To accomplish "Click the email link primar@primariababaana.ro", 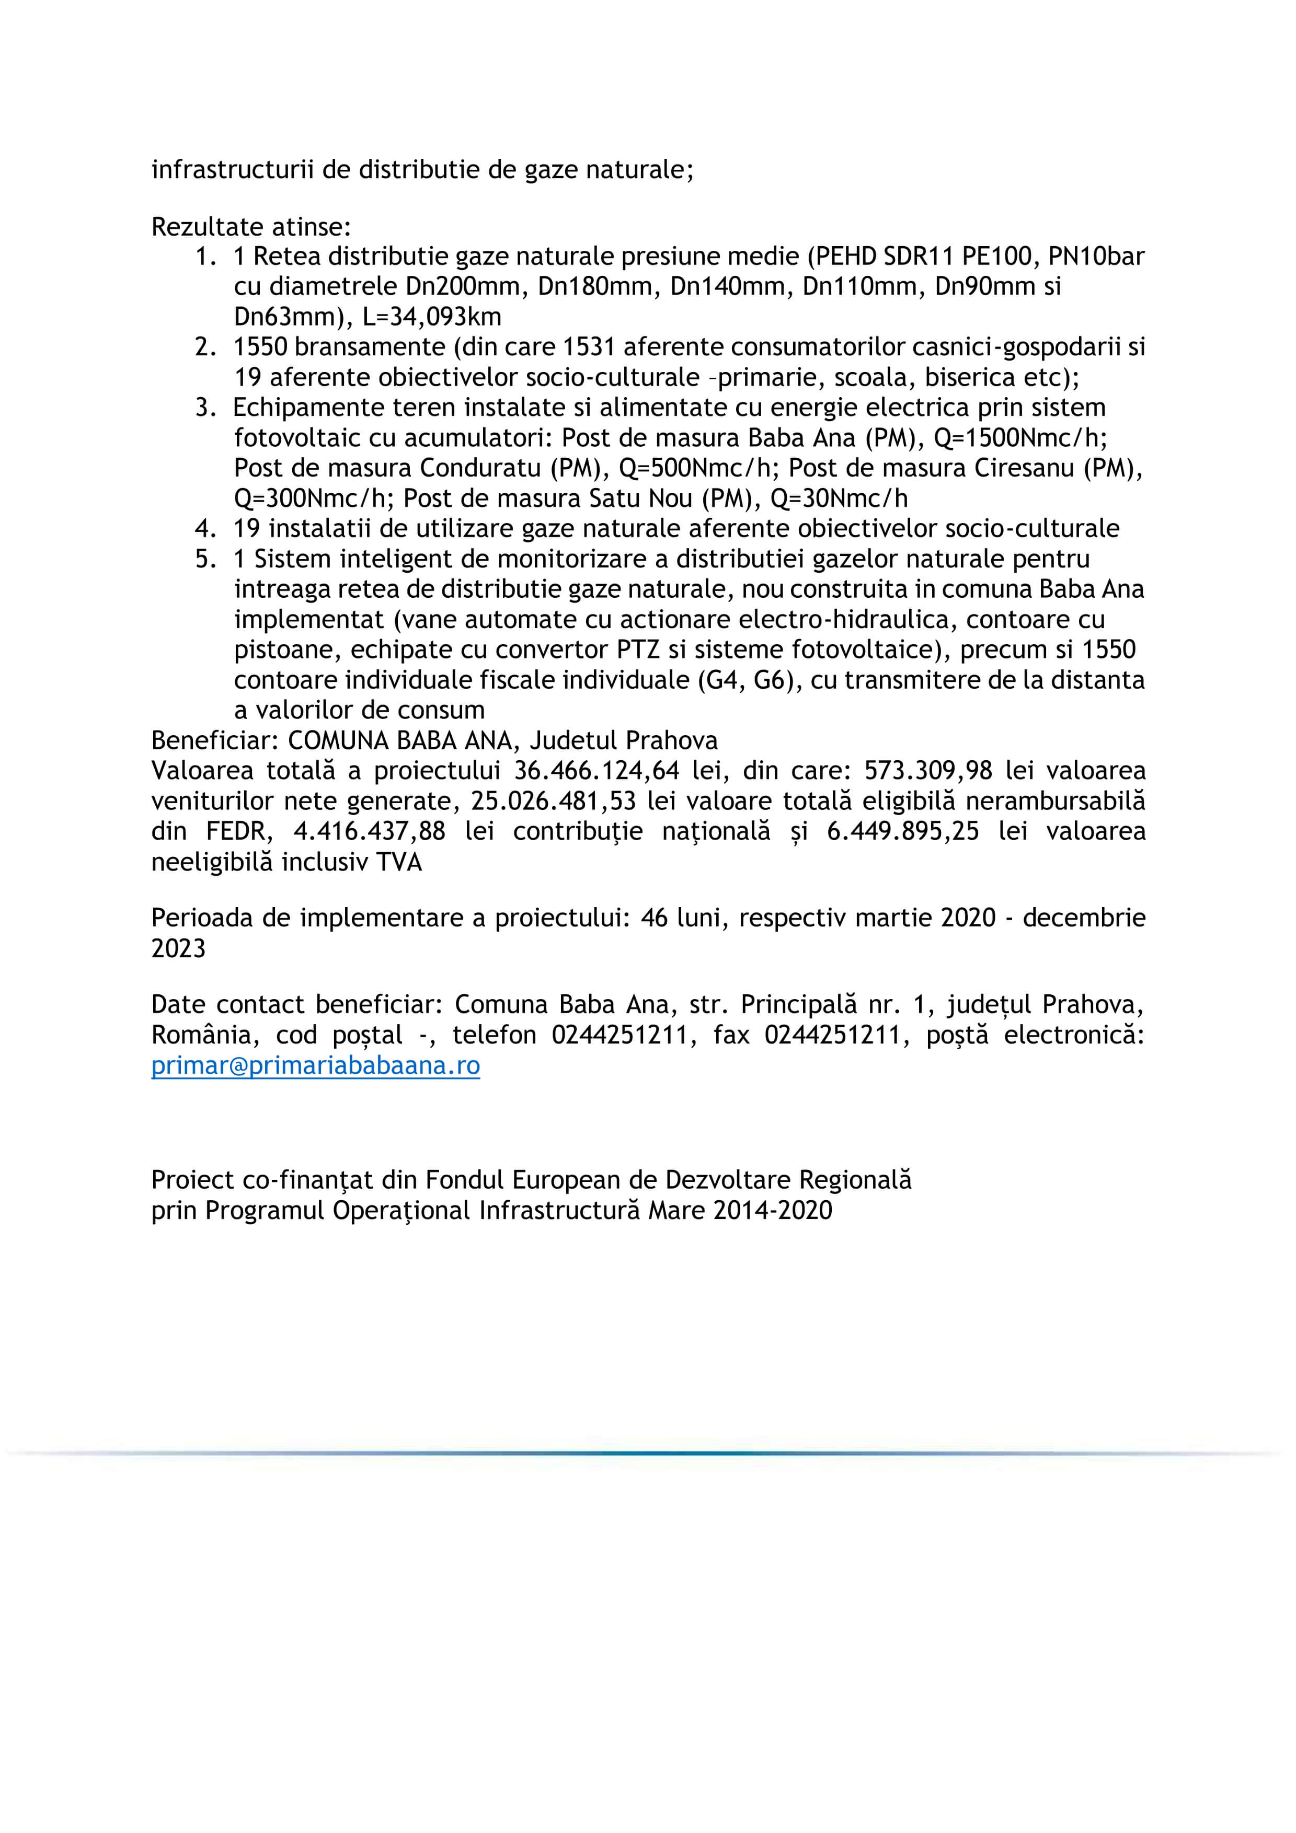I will tap(315, 1066).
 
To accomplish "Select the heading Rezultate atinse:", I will tap(251, 227).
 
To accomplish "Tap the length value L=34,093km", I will tap(432, 317).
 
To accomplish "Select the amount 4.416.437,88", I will tap(369, 831).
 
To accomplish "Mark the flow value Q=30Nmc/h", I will tap(839, 498).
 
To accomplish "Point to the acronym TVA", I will tap(398, 862).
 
